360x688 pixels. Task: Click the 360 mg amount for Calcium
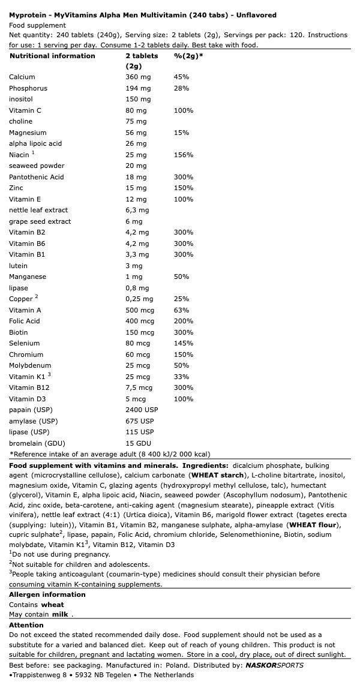(x=138, y=77)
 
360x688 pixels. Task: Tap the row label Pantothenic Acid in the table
(x=36, y=177)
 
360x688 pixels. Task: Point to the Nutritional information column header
(x=52, y=56)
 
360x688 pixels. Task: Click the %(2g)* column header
(x=188, y=56)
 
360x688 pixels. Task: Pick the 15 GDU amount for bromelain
(x=137, y=443)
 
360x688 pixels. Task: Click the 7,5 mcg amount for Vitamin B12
(x=139, y=387)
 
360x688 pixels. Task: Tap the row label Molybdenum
(x=30, y=365)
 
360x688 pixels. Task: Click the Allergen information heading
(x=47, y=594)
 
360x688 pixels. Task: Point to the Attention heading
(x=26, y=625)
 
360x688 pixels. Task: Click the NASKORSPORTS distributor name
(x=274, y=665)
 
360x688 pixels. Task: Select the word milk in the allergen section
(x=61, y=614)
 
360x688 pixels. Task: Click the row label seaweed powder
(x=37, y=166)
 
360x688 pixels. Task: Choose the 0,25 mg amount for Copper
(x=139, y=299)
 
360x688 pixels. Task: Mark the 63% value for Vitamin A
(x=181, y=310)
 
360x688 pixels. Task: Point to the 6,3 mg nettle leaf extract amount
(x=137, y=210)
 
